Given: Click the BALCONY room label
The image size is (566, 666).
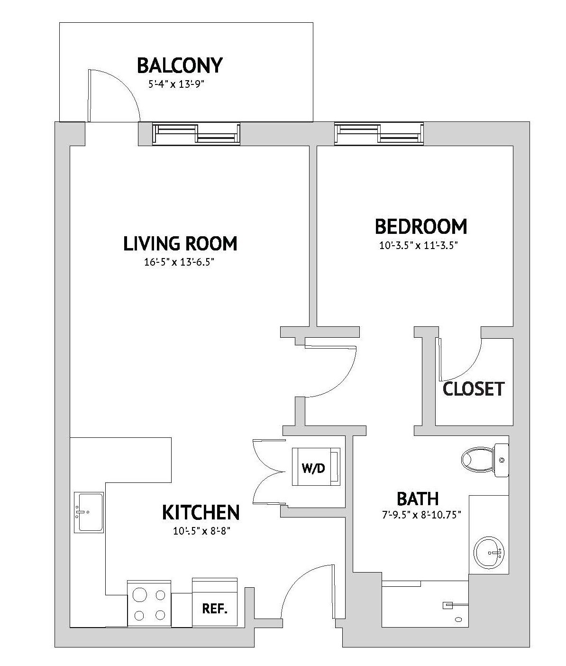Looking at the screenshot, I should [179, 65].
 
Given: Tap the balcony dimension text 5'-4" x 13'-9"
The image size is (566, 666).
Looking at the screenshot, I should [179, 85].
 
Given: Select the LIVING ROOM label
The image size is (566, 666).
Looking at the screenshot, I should [180, 243].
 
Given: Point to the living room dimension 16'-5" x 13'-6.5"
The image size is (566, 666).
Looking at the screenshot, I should [180, 262].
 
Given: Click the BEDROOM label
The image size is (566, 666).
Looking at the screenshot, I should [421, 226].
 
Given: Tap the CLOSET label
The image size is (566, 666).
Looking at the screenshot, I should [473, 389].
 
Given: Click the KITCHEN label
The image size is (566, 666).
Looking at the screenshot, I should [201, 512].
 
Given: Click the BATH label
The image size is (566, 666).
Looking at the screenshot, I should [417, 499].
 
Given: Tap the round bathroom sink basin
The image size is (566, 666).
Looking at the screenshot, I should [490, 553].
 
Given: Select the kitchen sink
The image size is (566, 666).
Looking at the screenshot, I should [89, 512].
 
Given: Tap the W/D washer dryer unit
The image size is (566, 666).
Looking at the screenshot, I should [316, 467].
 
